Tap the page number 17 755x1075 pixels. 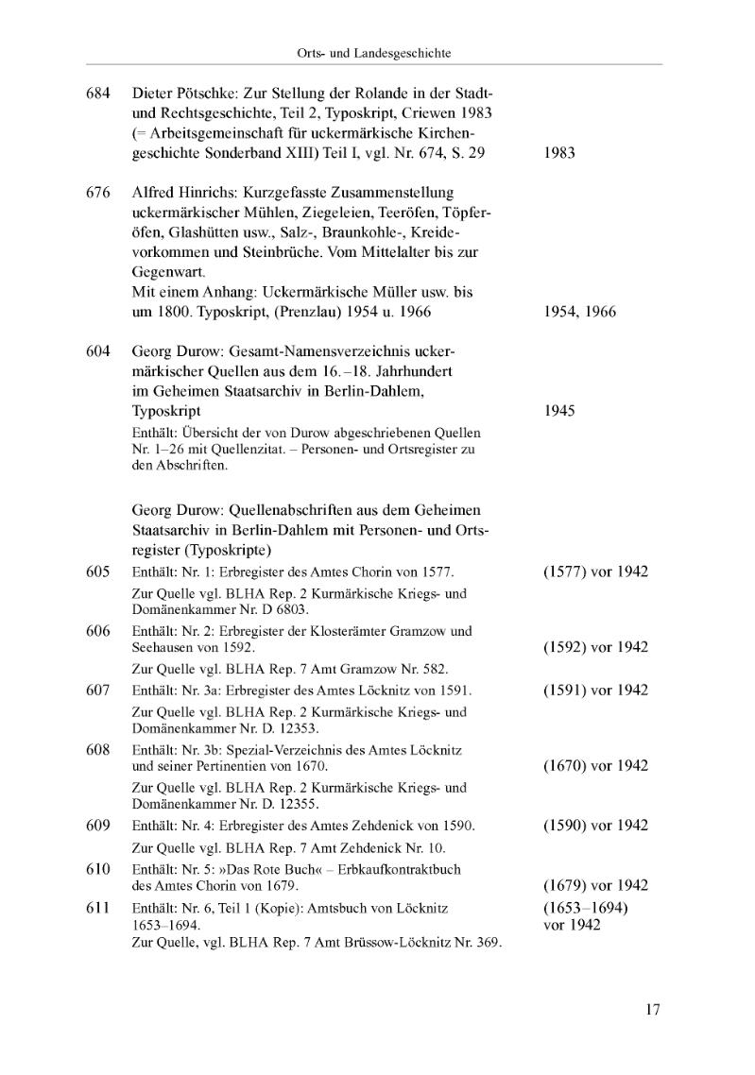point(652,1010)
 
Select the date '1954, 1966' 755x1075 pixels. point(580,312)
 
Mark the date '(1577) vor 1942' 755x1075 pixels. point(595,572)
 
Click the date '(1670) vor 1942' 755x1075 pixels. point(595,765)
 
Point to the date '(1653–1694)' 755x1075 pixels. point(586,908)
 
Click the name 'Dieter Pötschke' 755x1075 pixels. point(184,94)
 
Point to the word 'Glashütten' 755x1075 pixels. point(172,232)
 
